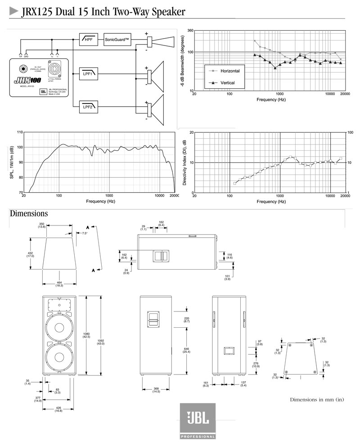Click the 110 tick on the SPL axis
[19, 132]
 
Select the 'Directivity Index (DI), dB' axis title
[184, 162]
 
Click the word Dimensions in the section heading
[29, 213]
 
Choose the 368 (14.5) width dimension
[156, 390]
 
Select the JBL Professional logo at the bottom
[198, 421]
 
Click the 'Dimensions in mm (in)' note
[317, 400]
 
